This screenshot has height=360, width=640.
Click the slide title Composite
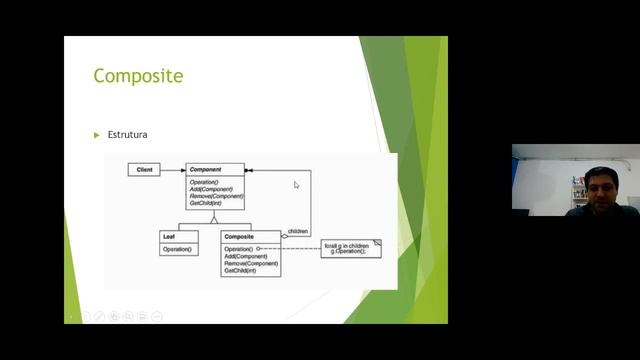pyautogui.click(x=138, y=76)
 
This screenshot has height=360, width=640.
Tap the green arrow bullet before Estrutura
pyautogui.click(x=97, y=134)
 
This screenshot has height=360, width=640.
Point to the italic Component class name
pyautogui.click(x=206, y=170)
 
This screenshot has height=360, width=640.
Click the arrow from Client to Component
pyautogui.click(x=172, y=170)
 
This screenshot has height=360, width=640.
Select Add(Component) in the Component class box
pyautogui.click(x=211, y=189)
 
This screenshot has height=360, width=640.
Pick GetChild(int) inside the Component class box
pyautogui.click(x=206, y=203)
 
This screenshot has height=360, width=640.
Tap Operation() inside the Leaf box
pyautogui.click(x=176, y=248)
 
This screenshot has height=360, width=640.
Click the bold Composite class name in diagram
pyautogui.click(x=240, y=236)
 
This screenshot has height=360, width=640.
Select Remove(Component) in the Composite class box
pyautogui.click(x=250, y=263)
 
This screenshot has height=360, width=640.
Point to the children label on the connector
pyautogui.click(x=297, y=231)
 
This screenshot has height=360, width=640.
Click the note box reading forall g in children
pyautogui.click(x=350, y=248)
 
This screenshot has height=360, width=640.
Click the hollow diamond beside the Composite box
pyautogui.click(x=285, y=236)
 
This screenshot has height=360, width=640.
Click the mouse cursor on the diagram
pyautogui.click(x=296, y=185)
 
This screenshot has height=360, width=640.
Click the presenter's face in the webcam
pyautogui.click(x=596, y=186)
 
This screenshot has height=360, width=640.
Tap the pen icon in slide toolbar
pyautogui.click(x=100, y=316)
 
